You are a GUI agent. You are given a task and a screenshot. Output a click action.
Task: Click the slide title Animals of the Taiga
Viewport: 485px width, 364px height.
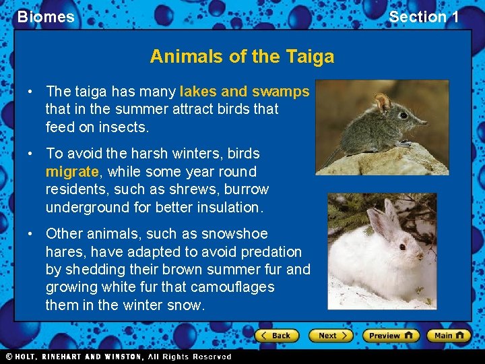tap(242, 56)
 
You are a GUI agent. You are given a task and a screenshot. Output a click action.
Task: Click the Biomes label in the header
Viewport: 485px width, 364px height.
tap(46, 17)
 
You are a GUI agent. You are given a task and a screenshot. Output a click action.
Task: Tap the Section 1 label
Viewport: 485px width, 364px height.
tap(424, 17)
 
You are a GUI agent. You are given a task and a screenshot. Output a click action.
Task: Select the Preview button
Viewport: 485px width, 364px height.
tap(391, 335)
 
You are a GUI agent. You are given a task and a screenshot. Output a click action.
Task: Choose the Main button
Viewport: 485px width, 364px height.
tap(449, 335)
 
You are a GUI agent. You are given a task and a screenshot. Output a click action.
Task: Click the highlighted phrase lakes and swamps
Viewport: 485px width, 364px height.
tap(245, 91)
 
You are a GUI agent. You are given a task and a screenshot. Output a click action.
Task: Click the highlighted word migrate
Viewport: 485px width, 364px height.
tap(72, 171)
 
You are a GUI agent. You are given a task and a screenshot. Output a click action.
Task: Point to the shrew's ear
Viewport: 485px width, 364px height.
tap(383, 103)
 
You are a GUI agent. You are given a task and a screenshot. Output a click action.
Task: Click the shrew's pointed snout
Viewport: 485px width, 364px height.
tap(423, 123)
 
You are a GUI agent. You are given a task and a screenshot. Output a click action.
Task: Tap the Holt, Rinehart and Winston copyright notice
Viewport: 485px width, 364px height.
tap(119, 357)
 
